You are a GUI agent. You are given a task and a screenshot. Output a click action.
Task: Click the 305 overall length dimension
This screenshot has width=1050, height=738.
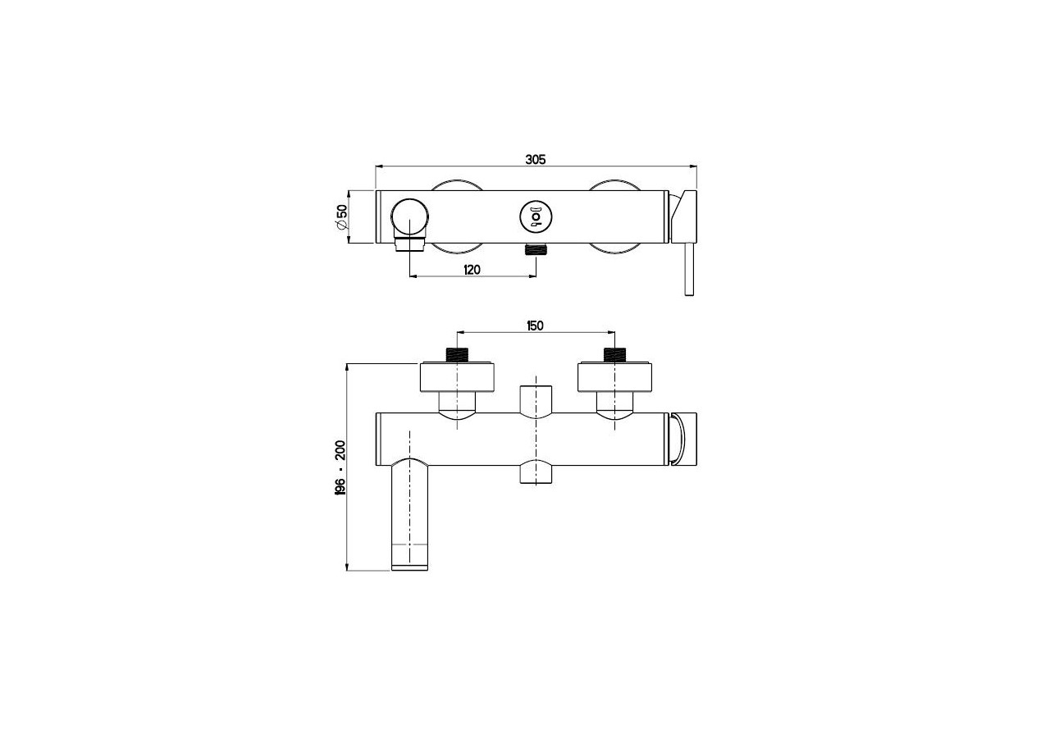pos(535,159)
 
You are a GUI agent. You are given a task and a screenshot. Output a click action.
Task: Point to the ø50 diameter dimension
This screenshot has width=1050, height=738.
pos(341,216)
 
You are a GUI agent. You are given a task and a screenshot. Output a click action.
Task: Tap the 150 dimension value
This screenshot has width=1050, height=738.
pos(534,326)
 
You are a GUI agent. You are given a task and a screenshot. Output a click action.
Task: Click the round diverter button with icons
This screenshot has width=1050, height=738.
pos(535,216)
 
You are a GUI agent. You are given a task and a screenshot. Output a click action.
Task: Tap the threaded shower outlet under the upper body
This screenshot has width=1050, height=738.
pos(536,249)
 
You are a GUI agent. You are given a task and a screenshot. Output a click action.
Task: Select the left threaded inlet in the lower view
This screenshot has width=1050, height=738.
pos(457,355)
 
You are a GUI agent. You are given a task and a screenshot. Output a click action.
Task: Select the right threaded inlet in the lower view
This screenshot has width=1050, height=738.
pos(614,355)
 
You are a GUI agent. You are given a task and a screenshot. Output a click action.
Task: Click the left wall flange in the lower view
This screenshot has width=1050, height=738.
pos(457,376)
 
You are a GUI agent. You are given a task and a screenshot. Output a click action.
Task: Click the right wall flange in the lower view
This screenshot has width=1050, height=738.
pos(614,376)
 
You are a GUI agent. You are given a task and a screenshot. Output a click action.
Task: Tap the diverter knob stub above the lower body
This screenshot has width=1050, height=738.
pos(536,399)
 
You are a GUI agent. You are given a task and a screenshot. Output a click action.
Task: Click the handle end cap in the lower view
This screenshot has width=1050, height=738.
pos(683,439)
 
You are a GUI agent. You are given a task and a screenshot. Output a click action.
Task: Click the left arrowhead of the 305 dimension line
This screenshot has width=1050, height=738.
pos(378,166)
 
